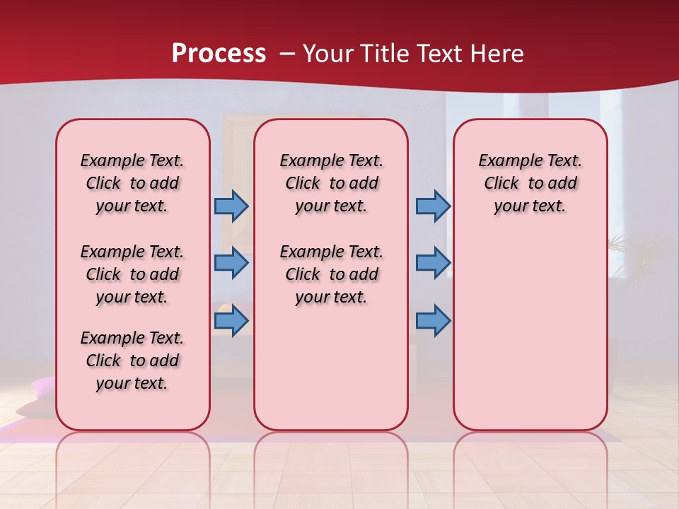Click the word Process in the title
click(x=219, y=54)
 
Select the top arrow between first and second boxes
click(x=231, y=206)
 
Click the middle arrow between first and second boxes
click(x=231, y=263)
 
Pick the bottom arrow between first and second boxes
click(x=231, y=321)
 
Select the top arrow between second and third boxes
click(x=433, y=206)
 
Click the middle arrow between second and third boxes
click(x=433, y=263)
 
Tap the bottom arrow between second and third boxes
click(x=433, y=321)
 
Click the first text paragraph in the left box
click(x=132, y=183)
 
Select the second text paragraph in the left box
click(x=132, y=274)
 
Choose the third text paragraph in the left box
click(x=132, y=361)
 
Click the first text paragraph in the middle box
click(x=331, y=183)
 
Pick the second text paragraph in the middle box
click(x=331, y=274)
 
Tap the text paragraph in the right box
click(x=530, y=183)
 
